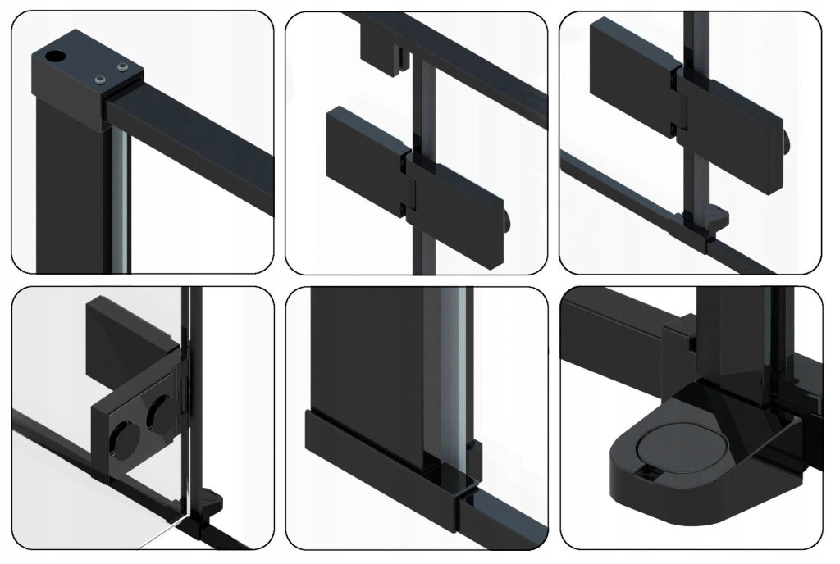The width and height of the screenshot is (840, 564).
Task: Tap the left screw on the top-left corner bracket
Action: click(101, 79)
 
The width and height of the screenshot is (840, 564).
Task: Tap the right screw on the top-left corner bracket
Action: click(123, 67)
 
